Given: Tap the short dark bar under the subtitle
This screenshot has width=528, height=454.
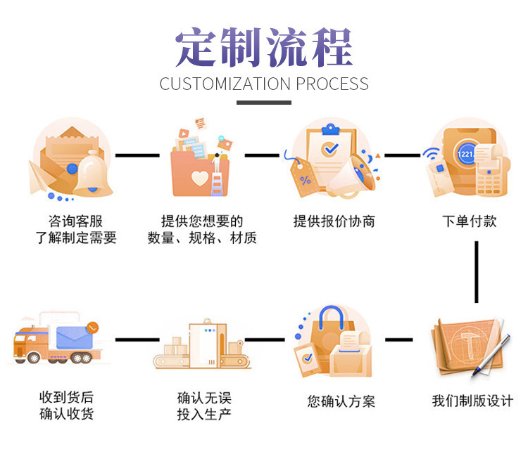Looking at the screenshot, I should [x=264, y=103].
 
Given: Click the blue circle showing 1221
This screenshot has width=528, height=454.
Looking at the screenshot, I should [x=465, y=154].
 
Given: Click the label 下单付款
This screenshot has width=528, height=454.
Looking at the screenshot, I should [x=470, y=221].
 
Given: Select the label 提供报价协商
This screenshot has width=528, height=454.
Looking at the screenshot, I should [x=334, y=221].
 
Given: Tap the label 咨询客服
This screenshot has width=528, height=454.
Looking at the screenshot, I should [x=75, y=221].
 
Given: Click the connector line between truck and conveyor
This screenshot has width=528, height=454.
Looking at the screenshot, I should [x=137, y=339].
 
